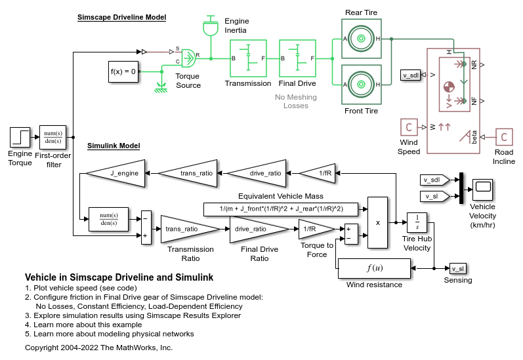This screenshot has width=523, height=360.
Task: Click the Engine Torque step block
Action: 20,138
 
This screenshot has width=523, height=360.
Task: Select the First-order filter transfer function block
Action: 52,138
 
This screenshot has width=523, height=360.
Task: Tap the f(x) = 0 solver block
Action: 123,71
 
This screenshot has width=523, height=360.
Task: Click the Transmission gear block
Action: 248,59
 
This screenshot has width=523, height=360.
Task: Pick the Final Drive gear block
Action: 298,59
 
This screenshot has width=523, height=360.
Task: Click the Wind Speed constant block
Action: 409,127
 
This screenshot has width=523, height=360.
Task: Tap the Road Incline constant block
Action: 504,137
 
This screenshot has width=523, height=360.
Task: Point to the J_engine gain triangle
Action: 119,173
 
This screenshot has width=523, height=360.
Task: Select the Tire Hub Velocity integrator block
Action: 417,223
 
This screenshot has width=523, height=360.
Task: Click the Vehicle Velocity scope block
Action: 484,188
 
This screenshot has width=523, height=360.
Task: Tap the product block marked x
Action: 377,222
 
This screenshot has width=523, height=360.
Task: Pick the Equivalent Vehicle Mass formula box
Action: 282,209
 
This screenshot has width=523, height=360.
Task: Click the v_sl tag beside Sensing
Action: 457,268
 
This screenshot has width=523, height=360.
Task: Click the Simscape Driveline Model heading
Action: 121,18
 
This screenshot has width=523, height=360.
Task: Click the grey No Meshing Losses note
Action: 295,101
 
